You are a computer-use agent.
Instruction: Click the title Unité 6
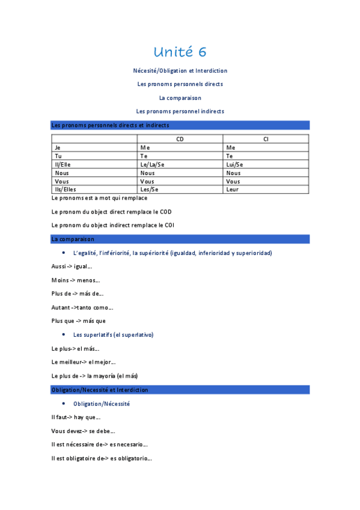[x=180, y=52]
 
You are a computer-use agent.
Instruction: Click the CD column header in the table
[x=180, y=139]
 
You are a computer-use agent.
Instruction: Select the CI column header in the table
[x=266, y=139]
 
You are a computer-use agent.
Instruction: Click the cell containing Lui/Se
[x=234, y=164]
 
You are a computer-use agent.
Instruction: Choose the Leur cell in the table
[x=232, y=189]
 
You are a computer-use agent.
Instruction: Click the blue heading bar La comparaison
[x=180, y=239]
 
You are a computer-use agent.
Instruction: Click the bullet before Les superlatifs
[x=64, y=334]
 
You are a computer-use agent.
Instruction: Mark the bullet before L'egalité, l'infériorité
[x=64, y=253]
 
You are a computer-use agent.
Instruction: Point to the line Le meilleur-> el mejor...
[x=84, y=362]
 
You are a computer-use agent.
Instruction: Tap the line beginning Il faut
[x=76, y=417]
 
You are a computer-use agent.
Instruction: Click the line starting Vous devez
[x=84, y=431]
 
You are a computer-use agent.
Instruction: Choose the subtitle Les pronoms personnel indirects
[x=180, y=111]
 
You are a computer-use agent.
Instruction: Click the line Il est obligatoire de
[x=102, y=458]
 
